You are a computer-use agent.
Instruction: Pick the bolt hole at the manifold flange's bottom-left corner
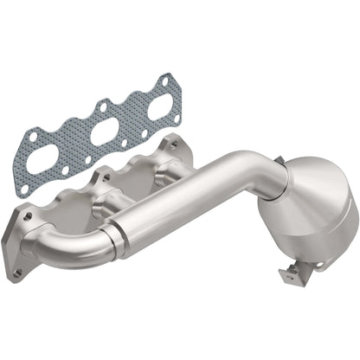coord(17,273)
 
